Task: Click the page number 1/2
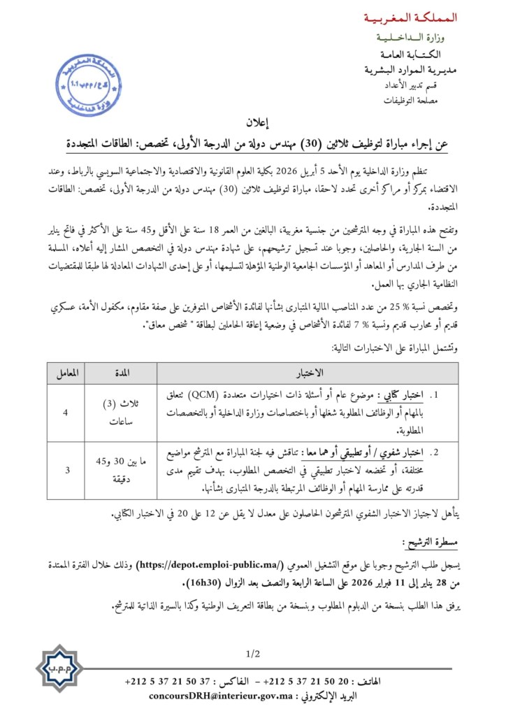(x=252, y=654)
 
